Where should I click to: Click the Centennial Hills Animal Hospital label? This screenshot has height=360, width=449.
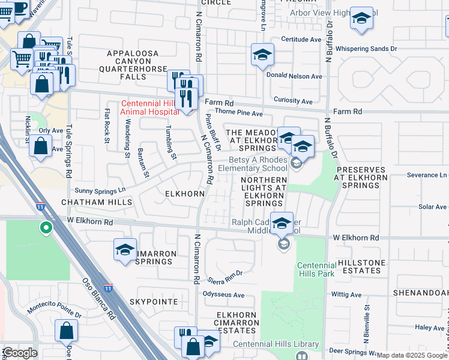(x=149, y=107)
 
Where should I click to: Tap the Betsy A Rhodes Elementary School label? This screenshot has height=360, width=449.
(x=258, y=164)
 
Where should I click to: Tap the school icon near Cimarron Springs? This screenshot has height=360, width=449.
(x=125, y=250)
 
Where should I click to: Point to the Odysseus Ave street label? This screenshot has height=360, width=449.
(x=223, y=295)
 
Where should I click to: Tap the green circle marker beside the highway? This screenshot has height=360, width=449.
(x=46, y=227)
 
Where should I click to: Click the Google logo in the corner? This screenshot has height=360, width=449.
(x=19, y=353)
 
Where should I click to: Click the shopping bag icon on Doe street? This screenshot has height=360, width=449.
(x=66, y=331)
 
